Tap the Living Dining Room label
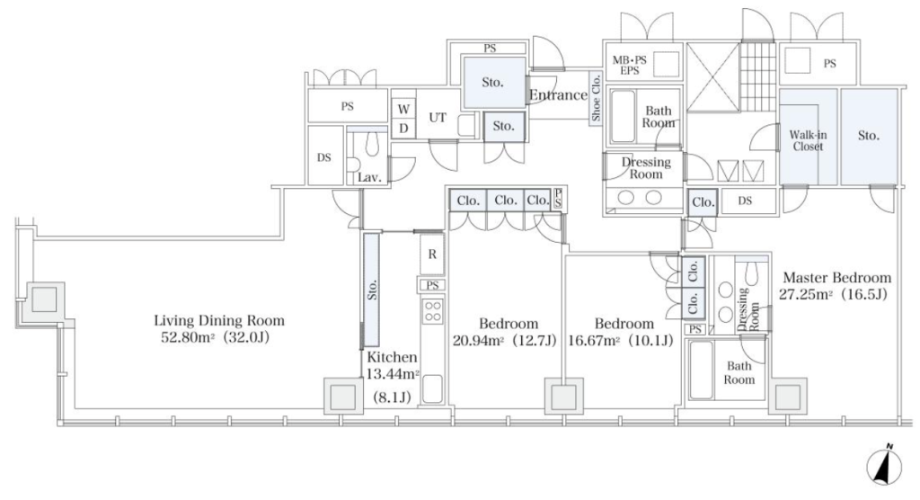tap(219, 321)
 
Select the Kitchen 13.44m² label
tap(393, 365)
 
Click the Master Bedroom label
tap(837, 278)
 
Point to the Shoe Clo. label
tap(597, 97)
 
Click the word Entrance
tap(558, 95)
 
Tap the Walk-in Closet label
tap(808, 141)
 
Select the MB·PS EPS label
tap(629, 66)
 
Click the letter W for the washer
tap(403, 109)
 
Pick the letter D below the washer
tap(403, 128)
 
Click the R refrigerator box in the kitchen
tap(432, 254)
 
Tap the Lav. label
tap(369, 177)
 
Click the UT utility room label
tap(438, 118)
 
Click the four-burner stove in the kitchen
tap(433, 311)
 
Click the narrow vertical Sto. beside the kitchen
tap(371, 290)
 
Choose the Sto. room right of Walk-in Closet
tap(869, 137)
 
